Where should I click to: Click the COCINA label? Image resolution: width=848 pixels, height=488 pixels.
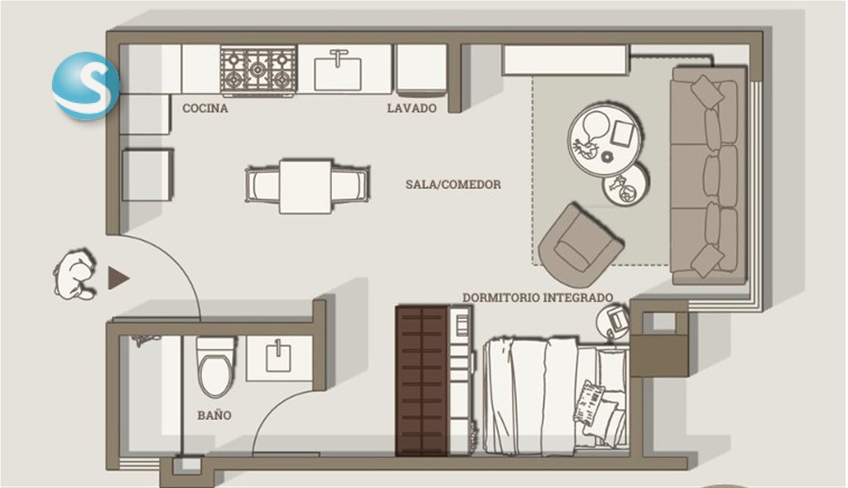[205, 109]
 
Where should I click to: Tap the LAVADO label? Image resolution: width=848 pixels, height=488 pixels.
[412, 109]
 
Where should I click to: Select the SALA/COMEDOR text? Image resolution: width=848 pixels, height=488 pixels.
[453, 185]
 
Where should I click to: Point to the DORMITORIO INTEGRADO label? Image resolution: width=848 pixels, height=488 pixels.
[537, 297]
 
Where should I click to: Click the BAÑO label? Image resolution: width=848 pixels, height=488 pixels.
[214, 415]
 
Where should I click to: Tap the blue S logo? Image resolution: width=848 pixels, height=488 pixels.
[85, 85]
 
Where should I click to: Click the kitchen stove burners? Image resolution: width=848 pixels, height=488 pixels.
[258, 70]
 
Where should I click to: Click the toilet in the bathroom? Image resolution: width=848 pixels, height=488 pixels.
[215, 366]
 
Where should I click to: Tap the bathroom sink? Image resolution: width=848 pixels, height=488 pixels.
[279, 357]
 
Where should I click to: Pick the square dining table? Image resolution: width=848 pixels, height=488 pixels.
[306, 186]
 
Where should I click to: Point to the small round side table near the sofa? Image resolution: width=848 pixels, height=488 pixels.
[626, 185]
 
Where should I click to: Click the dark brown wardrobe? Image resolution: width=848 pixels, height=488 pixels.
[422, 381]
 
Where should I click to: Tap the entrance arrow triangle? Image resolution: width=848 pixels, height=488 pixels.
[118, 278]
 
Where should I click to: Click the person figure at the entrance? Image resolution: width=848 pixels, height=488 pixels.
[75, 274]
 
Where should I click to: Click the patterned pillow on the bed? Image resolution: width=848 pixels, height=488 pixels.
[589, 403]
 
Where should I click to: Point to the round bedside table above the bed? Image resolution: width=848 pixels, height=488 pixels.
[613, 321]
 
